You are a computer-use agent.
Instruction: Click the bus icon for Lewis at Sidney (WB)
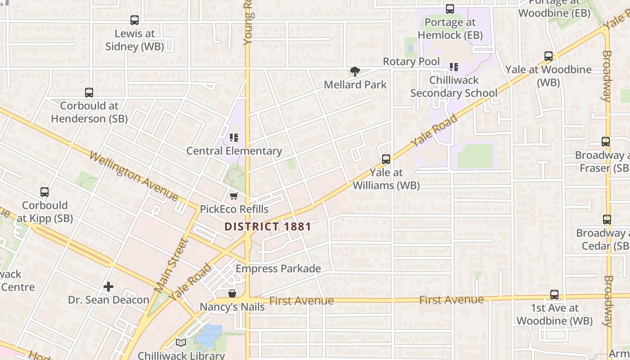tap(135, 20)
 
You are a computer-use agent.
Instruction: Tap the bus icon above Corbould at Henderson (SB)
tap(89, 93)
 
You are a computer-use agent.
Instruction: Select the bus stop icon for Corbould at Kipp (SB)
tap(45, 192)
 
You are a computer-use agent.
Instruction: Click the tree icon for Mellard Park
tap(355, 71)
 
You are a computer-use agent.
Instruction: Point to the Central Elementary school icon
tap(234, 137)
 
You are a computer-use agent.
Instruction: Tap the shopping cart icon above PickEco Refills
tap(234, 196)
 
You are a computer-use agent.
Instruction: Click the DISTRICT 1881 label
tap(268, 226)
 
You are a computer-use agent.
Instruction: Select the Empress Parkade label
tap(278, 269)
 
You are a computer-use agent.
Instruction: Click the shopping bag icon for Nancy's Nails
tap(232, 293)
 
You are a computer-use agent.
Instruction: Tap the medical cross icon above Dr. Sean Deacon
tap(108, 286)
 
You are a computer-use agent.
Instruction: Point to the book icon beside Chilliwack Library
tap(181, 343)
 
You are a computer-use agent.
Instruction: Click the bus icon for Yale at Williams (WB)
tap(386, 159)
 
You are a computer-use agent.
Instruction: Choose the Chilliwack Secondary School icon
tap(454, 67)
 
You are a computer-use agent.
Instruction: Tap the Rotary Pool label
tap(411, 61)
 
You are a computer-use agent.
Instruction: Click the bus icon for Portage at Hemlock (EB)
tap(450, 9)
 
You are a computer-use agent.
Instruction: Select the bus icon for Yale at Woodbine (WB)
tap(549, 56)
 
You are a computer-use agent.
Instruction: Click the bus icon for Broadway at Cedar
tap(607, 220)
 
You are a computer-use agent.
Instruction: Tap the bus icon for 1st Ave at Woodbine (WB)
tap(554, 295)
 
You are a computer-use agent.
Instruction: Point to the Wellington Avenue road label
tap(134, 175)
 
